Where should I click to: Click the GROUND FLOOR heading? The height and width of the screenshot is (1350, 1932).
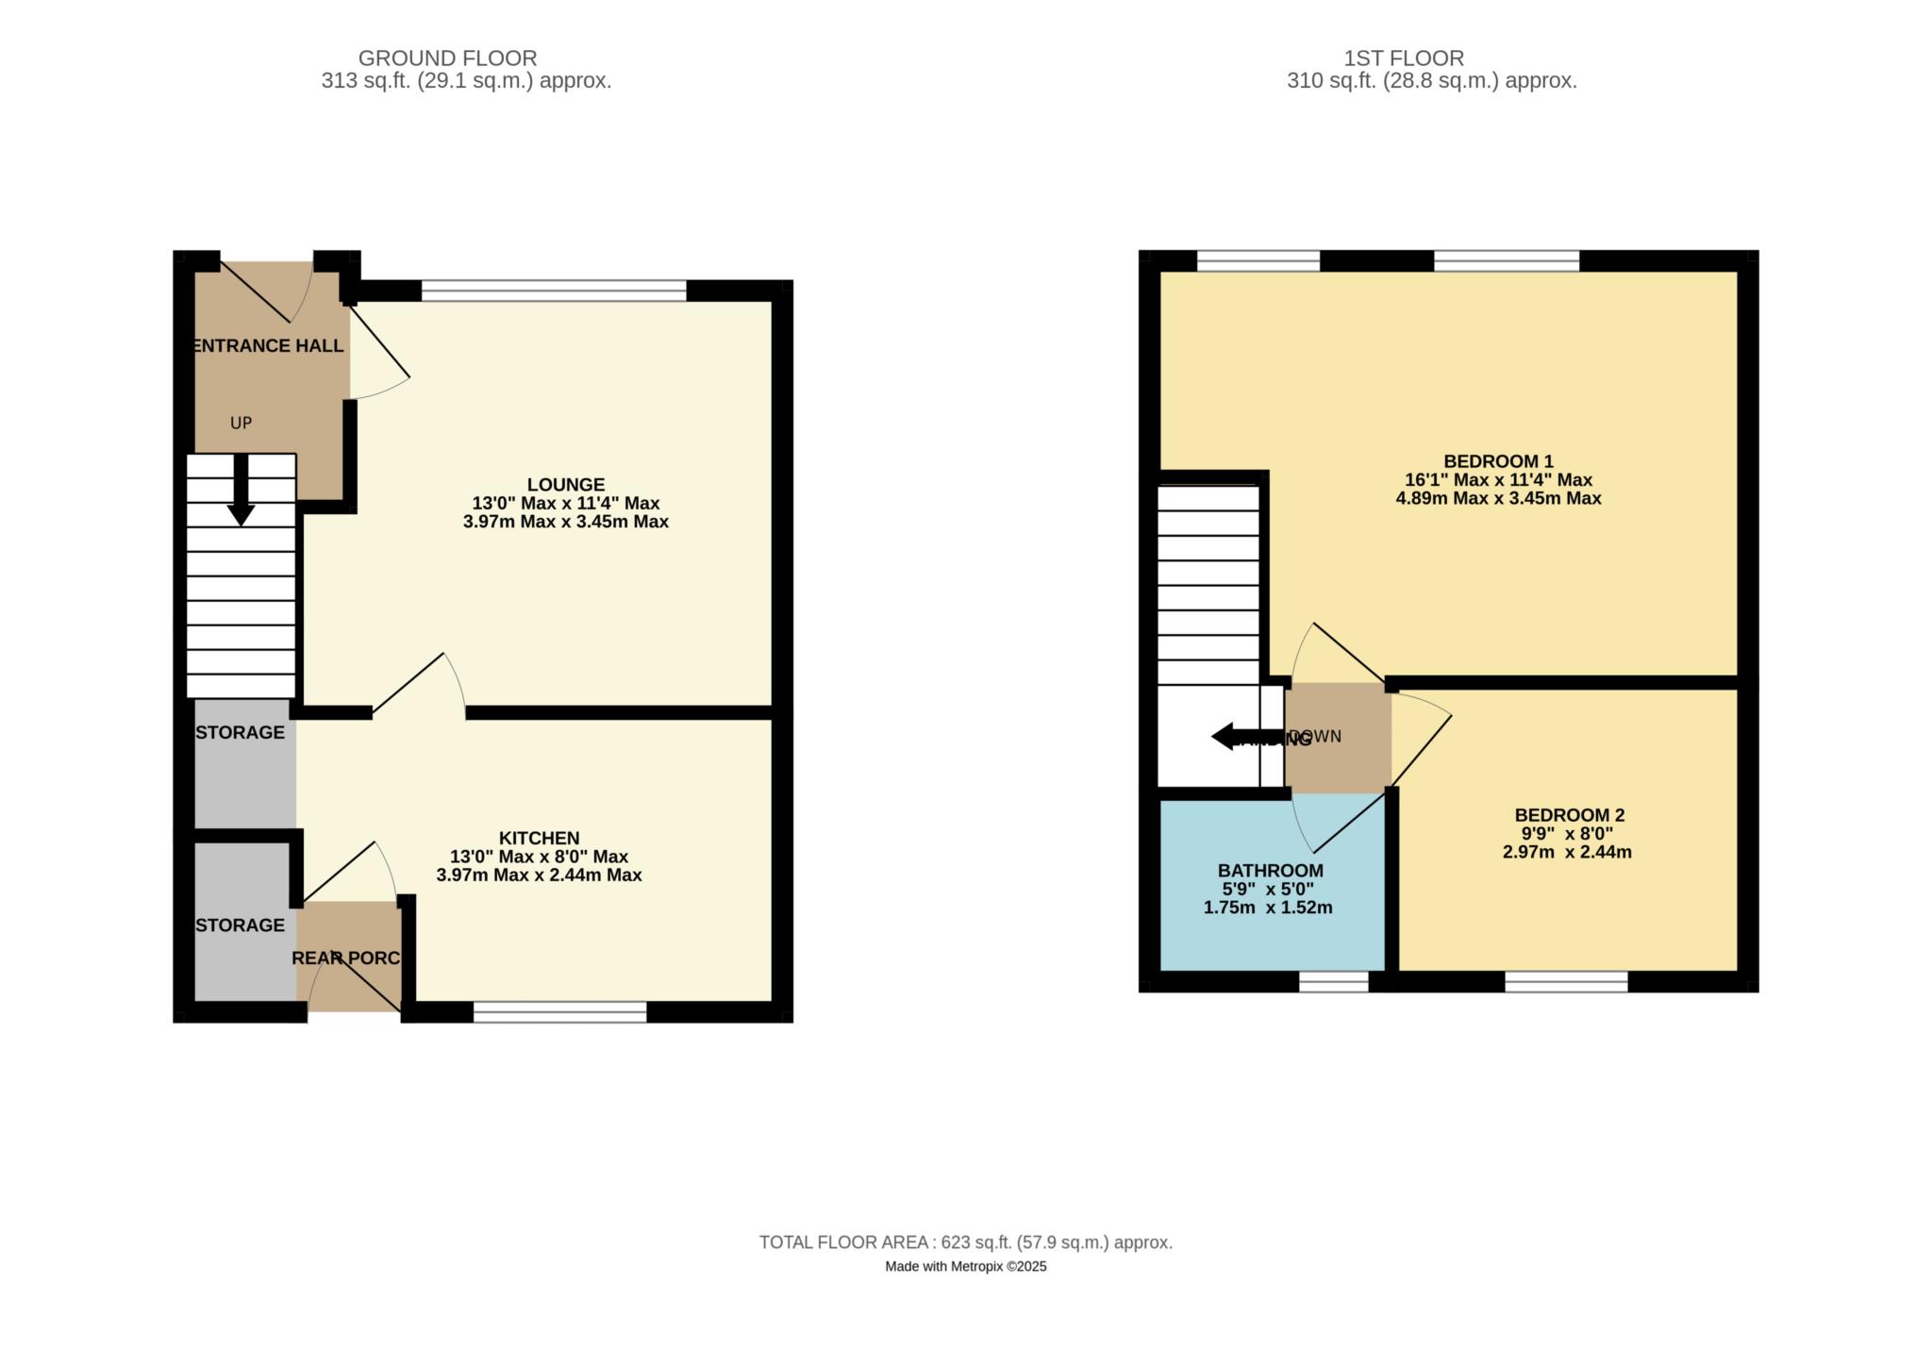(x=447, y=58)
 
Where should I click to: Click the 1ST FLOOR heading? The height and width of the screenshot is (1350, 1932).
(x=1404, y=58)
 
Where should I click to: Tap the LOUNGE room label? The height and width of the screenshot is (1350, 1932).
(x=566, y=485)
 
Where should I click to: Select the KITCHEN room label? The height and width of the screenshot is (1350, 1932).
(x=539, y=838)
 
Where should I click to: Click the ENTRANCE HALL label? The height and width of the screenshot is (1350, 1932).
(x=268, y=345)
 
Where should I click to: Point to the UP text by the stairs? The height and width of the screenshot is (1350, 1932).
(x=241, y=423)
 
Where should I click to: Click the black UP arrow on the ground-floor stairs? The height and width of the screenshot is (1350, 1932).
(x=241, y=491)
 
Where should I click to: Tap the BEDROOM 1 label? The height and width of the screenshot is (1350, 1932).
(x=1498, y=461)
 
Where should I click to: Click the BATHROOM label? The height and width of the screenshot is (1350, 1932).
(x=1270, y=871)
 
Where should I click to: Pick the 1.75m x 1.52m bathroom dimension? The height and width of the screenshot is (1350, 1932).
(x=1268, y=908)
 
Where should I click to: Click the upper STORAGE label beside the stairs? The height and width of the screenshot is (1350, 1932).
(x=241, y=732)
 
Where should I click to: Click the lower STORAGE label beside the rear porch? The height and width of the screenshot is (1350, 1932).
(x=241, y=925)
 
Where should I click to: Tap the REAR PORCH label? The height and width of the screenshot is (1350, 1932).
(x=346, y=958)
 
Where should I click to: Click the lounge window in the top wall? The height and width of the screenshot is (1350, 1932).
(x=554, y=291)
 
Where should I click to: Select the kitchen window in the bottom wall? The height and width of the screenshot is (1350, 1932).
(x=559, y=1012)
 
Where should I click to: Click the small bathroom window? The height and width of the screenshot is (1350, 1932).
(x=1333, y=982)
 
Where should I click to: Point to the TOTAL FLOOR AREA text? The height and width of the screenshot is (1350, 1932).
(x=965, y=1242)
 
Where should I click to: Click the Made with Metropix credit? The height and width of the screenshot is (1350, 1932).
(x=965, y=1267)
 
